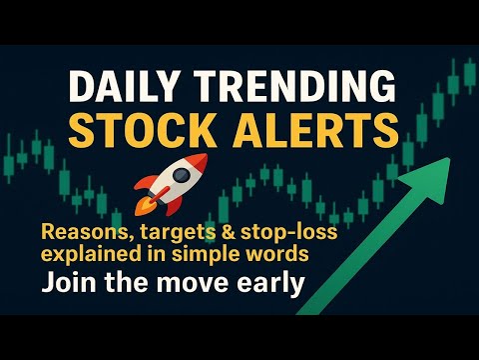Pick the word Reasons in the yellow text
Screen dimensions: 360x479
point(80,231)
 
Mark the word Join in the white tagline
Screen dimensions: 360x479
point(65,282)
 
